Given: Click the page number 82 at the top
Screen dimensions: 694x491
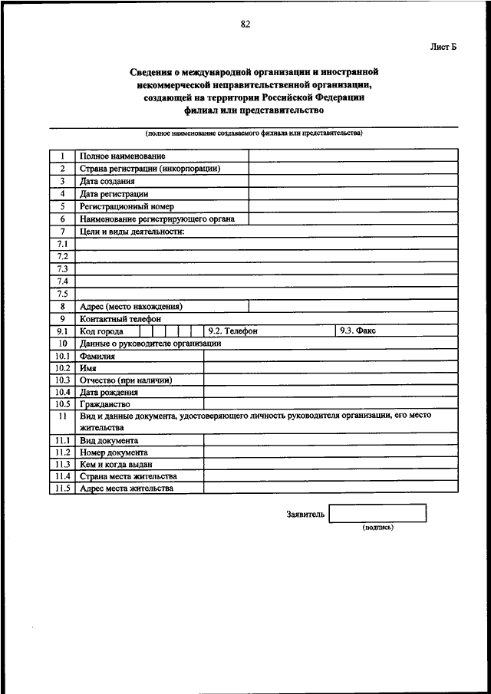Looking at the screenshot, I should [x=245, y=24].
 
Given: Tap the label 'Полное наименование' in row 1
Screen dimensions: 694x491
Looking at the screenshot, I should [x=123, y=156].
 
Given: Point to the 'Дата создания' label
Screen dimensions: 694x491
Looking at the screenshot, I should [x=107, y=182].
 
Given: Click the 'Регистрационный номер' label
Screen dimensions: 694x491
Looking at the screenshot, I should [x=127, y=206].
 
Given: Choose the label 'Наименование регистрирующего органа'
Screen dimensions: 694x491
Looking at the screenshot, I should [x=157, y=219].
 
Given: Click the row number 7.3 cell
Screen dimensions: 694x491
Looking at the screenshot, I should [x=62, y=268].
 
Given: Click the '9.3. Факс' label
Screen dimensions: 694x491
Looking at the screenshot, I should [x=357, y=331].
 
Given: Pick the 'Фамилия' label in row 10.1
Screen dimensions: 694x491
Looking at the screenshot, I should [x=97, y=356].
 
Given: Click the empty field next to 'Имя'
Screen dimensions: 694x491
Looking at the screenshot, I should [x=331, y=368].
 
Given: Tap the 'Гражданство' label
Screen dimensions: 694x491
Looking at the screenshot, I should [x=105, y=404].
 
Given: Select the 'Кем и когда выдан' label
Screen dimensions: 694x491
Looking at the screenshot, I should [x=116, y=464].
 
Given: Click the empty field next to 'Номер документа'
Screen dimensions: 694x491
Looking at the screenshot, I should [x=331, y=452].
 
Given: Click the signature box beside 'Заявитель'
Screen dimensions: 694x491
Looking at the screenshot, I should [x=377, y=513].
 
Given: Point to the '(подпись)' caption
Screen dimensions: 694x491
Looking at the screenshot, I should [x=377, y=528].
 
